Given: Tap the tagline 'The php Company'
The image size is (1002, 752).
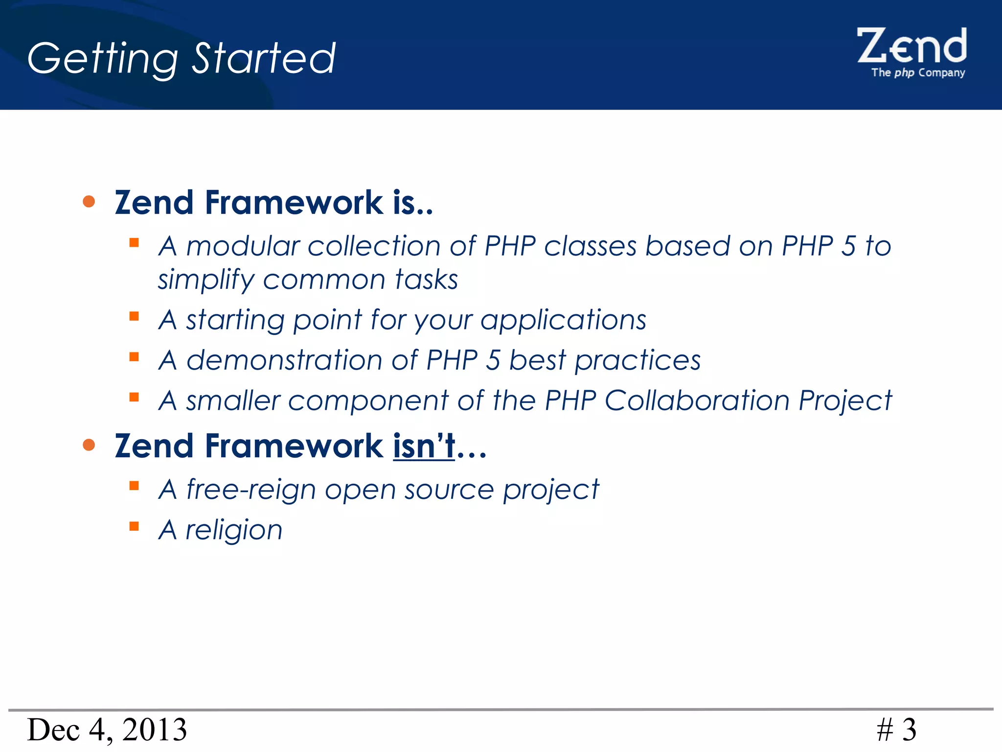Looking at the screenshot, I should [918, 73].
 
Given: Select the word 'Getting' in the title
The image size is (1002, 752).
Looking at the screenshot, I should [103, 59].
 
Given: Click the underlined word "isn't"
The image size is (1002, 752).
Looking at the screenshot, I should [424, 446].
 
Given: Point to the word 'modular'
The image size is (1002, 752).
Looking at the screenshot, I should [243, 246].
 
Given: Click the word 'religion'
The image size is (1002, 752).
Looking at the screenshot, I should [234, 530].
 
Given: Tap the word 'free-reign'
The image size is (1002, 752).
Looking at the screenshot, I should [251, 490].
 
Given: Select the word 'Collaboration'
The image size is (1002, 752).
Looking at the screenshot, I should [697, 400].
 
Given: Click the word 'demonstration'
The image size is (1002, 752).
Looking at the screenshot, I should [284, 360].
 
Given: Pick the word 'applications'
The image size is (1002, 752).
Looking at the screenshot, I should [563, 320].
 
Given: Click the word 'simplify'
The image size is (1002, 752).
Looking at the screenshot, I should [205, 281].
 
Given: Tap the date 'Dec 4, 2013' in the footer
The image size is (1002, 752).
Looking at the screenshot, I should [107, 729].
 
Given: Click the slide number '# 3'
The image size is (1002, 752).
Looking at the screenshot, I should [896, 729].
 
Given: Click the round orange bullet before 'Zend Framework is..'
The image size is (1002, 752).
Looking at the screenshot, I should [89, 201].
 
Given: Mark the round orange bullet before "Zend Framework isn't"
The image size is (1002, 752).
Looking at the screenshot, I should [89, 445].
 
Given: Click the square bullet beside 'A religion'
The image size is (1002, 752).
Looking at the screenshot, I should [134, 526].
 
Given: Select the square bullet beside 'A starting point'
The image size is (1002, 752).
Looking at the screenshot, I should [134, 316].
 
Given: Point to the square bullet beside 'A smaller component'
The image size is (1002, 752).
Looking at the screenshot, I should [134, 397].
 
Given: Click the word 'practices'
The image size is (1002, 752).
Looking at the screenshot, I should [637, 360].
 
